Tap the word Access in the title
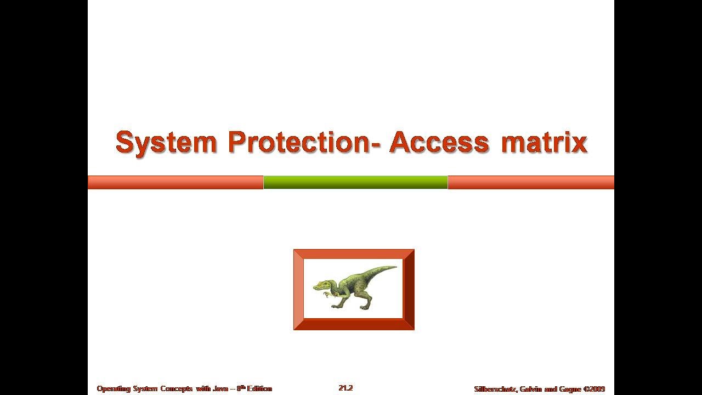point(439,143)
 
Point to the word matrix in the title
point(544,143)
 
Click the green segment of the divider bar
point(355,182)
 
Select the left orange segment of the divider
point(175,182)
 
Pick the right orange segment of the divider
point(531,182)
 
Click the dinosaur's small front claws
point(328,295)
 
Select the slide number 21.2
point(346,388)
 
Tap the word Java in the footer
point(220,388)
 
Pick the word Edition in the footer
point(259,388)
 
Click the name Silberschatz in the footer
point(495,389)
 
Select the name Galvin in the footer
point(530,389)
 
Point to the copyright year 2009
point(597,389)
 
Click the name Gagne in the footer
point(568,389)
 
